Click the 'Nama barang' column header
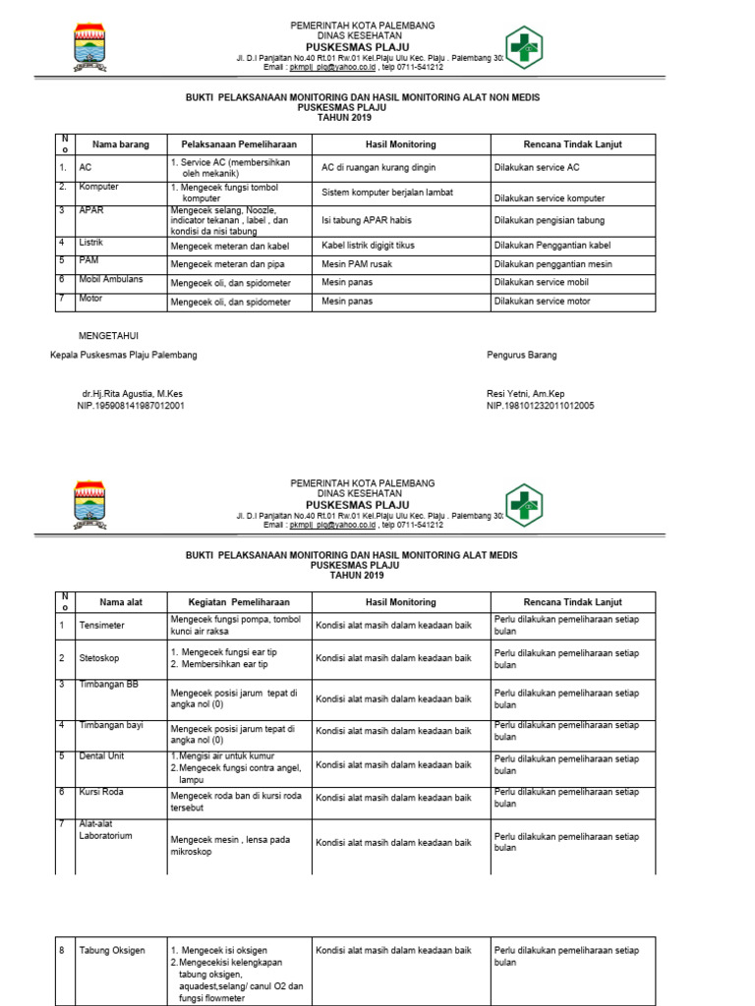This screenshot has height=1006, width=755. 121,144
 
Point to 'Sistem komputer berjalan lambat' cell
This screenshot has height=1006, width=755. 390,193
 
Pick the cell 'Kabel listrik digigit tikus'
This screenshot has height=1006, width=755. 376,246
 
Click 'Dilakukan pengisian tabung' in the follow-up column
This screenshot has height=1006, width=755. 550,220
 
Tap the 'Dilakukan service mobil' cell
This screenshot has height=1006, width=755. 544,283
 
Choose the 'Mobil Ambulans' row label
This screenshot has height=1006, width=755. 111,279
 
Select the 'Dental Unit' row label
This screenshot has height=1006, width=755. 103,756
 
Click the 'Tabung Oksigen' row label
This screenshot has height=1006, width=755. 112,951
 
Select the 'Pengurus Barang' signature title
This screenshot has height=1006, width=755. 521,355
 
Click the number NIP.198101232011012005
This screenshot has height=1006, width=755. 540,405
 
